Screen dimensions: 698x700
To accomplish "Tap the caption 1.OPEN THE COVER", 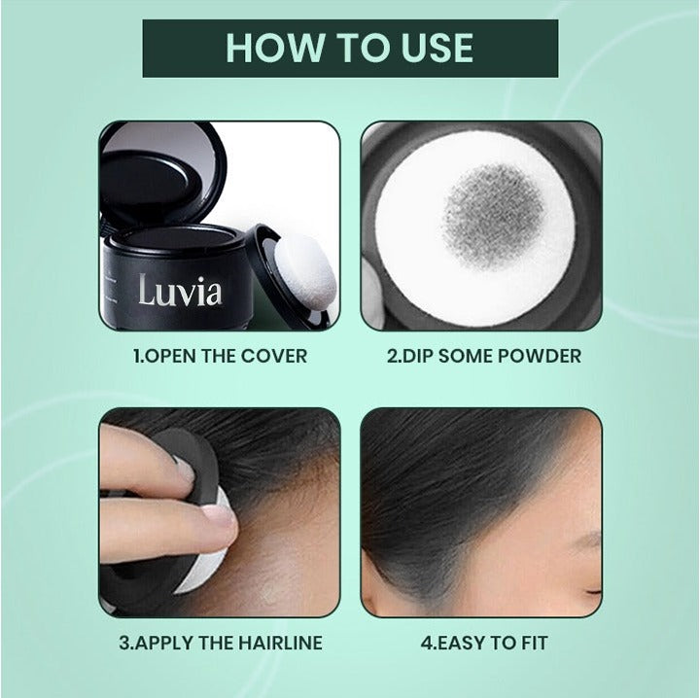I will tap(220, 356).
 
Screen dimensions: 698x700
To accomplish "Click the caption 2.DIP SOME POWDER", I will tap(483, 356).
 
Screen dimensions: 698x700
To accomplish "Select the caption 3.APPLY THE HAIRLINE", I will tap(220, 643).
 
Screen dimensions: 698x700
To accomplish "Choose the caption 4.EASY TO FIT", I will tap(483, 643).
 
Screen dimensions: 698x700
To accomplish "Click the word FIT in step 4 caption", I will tap(531, 643).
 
